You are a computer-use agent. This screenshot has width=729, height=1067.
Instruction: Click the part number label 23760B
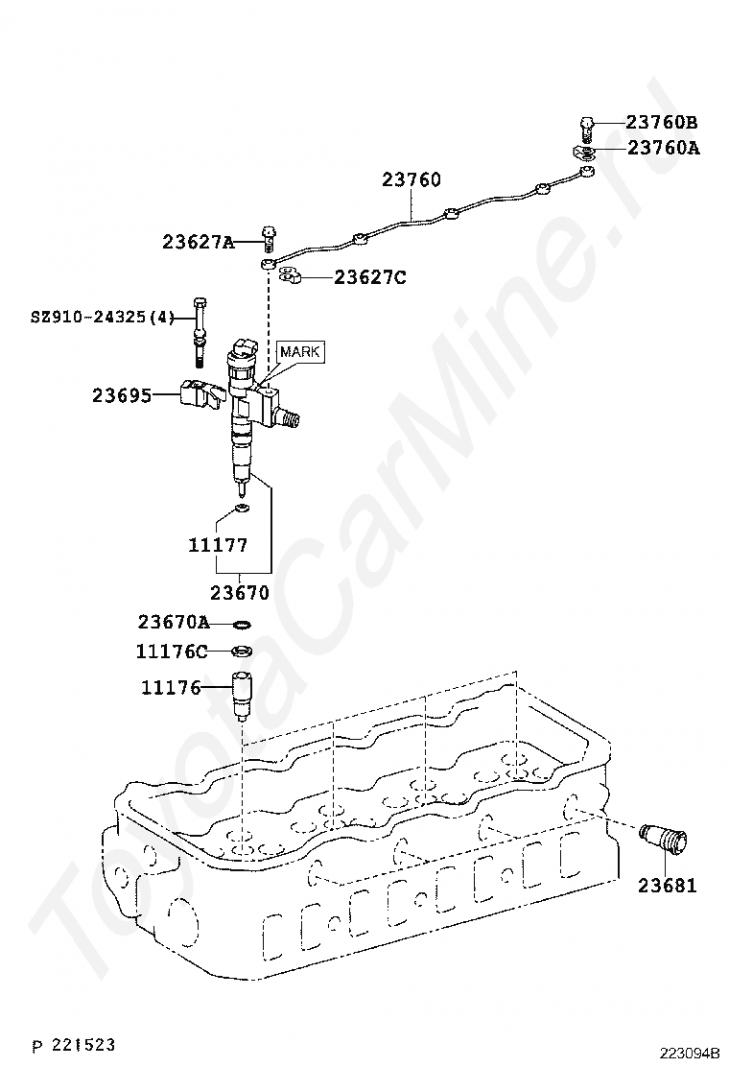(661, 123)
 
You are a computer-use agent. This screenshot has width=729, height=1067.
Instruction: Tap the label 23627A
(198, 242)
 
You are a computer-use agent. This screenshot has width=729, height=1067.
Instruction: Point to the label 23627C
(370, 277)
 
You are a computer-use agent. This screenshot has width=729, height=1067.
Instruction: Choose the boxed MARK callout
(300, 352)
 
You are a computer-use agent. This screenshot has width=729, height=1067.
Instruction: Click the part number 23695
(122, 394)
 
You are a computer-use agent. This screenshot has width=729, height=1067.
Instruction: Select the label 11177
(218, 545)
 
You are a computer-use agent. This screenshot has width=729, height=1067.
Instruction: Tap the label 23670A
(173, 621)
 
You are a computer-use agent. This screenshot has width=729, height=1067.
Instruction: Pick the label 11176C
(171, 652)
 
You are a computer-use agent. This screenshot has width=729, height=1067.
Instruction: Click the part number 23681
(667, 886)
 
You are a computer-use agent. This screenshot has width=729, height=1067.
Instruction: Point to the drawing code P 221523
(74, 1043)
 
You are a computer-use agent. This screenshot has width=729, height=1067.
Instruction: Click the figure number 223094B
(689, 1053)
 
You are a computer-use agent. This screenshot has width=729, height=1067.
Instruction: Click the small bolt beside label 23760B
(588, 125)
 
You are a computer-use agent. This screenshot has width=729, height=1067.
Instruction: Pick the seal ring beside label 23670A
(243, 623)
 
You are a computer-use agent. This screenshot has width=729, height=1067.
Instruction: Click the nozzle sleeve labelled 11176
(244, 695)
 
